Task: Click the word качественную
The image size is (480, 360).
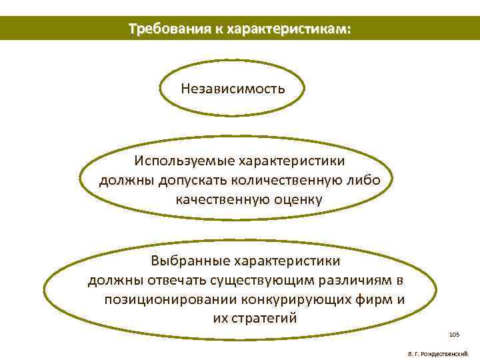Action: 219,199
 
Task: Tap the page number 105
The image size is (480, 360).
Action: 455,333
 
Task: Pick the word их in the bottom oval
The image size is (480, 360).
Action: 220,318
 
